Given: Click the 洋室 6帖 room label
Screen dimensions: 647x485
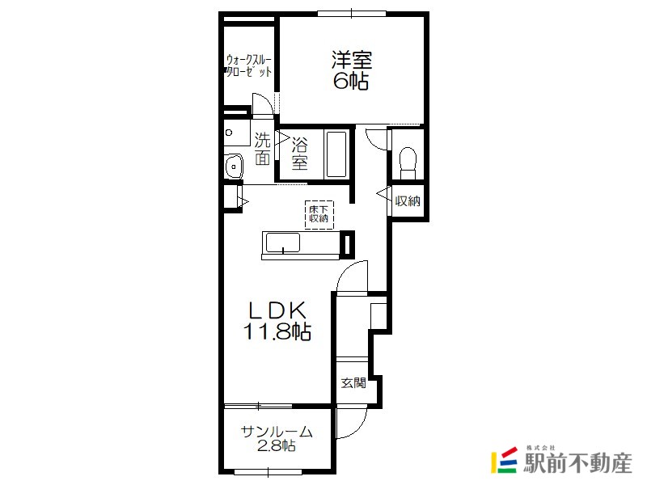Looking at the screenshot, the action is pyautogui.click(x=352, y=70).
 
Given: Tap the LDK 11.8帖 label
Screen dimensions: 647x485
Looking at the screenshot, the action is pyautogui.click(x=277, y=320).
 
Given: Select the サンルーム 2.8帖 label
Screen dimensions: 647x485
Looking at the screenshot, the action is pyautogui.click(x=277, y=438).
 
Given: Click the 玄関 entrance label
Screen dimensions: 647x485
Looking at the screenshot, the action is pyautogui.click(x=353, y=383).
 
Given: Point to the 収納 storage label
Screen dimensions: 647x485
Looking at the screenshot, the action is pyautogui.click(x=408, y=200).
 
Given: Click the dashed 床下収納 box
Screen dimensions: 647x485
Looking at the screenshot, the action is pyautogui.click(x=319, y=214).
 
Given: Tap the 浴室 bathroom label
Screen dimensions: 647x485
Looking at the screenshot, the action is pyautogui.click(x=300, y=154).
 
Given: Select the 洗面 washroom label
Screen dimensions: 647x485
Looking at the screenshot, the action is pyautogui.click(x=262, y=149).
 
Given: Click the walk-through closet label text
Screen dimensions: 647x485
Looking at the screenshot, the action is pyautogui.click(x=249, y=65).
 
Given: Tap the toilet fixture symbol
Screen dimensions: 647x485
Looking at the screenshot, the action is pyautogui.click(x=408, y=163).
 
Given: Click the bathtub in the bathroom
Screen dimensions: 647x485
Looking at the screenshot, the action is pyautogui.click(x=336, y=154).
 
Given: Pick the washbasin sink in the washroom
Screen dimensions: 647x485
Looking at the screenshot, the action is pyautogui.click(x=234, y=167).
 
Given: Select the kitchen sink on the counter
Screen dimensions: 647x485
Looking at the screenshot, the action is pyautogui.click(x=283, y=242).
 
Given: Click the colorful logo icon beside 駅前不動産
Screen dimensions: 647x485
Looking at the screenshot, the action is pyautogui.click(x=504, y=460).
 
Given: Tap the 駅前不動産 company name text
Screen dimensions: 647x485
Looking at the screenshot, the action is pyautogui.click(x=577, y=463).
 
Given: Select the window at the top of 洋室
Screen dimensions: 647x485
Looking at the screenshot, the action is pyautogui.click(x=352, y=14).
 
